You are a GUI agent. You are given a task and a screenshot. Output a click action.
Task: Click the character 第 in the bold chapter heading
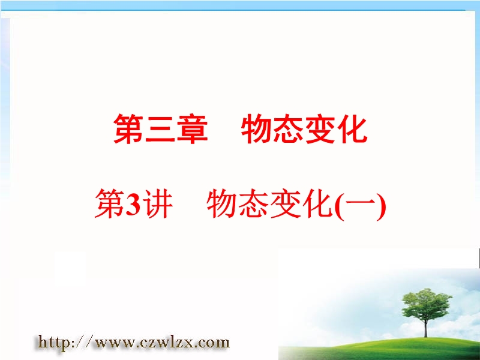click(129, 128)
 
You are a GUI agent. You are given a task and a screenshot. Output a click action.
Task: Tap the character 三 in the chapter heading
click(160, 129)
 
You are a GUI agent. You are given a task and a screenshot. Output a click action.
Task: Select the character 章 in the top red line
click(192, 128)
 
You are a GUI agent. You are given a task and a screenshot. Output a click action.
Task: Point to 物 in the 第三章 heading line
click(257, 128)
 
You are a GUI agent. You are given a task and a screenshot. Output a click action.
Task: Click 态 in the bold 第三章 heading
click(289, 128)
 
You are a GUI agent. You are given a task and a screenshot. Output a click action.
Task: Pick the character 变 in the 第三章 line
click(320, 128)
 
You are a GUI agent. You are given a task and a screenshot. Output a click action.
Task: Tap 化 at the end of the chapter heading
click(352, 128)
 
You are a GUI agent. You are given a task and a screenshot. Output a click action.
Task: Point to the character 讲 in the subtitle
click(157, 204)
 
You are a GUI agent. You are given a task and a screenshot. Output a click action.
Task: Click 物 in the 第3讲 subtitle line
click(222, 204)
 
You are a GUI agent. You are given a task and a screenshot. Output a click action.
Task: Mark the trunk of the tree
click(426, 328)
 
